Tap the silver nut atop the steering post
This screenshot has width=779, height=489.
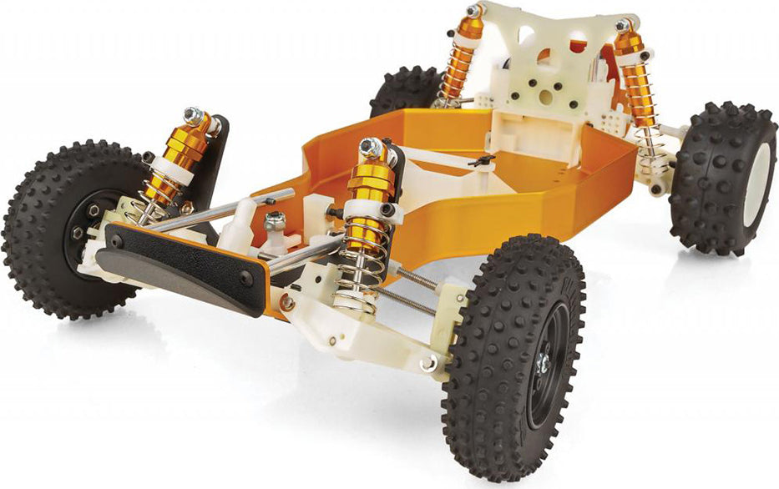[x=275, y=220]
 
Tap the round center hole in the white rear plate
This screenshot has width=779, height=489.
[x=546, y=97]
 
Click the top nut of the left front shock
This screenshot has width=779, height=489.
[x=194, y=115]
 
